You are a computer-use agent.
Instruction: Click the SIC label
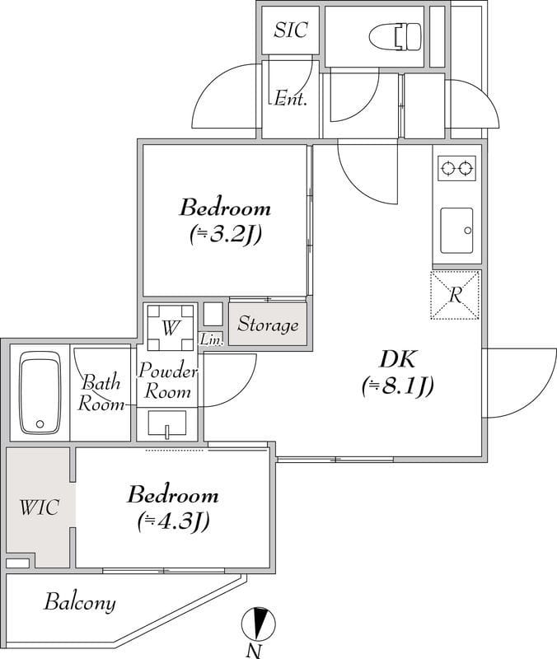[x=291, y=30]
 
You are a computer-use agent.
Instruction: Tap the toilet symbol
[x=396, y=36]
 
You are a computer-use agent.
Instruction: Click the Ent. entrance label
[x=291, y=99]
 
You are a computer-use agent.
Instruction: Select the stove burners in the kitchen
[x=456, y=169]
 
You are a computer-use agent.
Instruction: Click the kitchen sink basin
[x=456, y=231]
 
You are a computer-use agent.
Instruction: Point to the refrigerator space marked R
[x=455, y=295]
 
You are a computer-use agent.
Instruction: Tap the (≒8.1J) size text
[x=398, y=386]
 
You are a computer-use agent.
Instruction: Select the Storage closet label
[x=269, y=325]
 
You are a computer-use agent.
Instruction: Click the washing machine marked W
[x=171, y=327]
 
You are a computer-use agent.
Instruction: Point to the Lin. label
[x=212, y=339]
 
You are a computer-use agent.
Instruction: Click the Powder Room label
[x=168, y=381]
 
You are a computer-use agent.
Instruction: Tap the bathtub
[x=40, y=393]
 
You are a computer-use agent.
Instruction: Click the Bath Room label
[x=101, y=394]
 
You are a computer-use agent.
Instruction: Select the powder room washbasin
[x=167, y=423]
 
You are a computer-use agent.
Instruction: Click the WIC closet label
[x=39, y=507]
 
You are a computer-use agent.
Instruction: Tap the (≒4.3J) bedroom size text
[x=173, y=522]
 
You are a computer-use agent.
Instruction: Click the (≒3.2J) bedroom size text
[x=225, y=234]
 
